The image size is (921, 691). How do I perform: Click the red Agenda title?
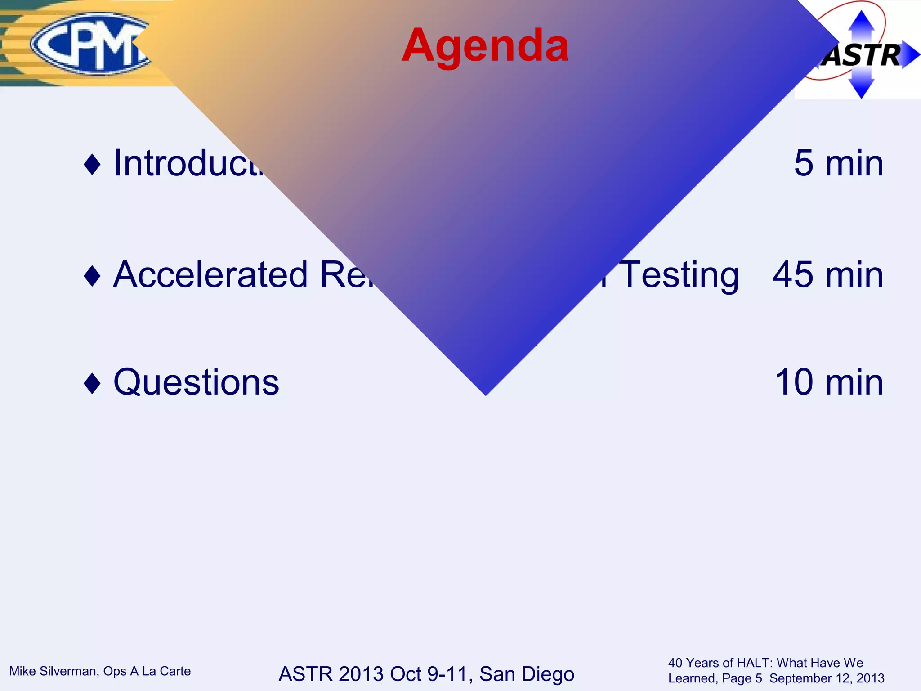click(485, 46)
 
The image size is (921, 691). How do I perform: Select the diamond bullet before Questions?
click(92, 383)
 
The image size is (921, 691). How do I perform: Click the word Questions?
click(196, 382)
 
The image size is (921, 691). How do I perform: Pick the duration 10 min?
click(829, 382)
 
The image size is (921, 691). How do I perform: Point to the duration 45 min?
click(827, 275)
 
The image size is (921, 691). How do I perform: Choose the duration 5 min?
click(838, 163)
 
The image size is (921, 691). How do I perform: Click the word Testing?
click(679, 275)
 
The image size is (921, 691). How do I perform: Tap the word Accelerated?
click(210, 275)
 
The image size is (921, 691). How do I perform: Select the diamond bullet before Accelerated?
click(92, 276)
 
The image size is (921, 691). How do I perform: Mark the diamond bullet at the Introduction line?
click(92, 164)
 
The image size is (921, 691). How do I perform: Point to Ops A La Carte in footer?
click(147, 671)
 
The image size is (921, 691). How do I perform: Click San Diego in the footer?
click(527, 674)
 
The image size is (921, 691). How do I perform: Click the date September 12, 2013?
click(827, 678)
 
